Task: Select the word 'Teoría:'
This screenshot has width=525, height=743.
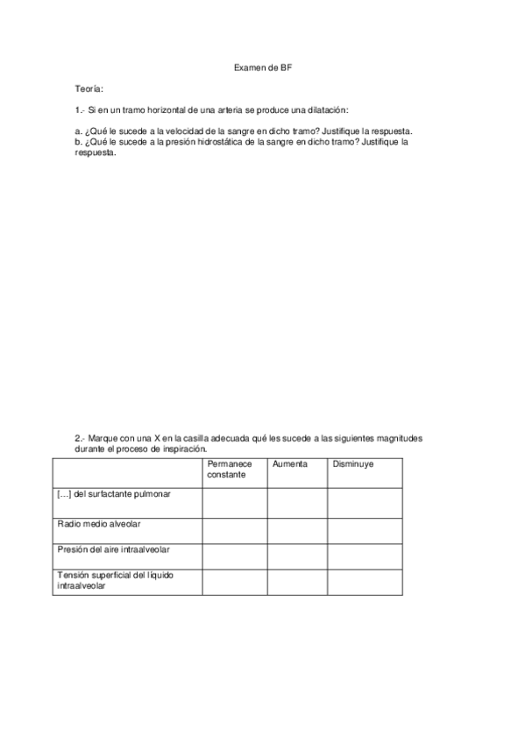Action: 90,89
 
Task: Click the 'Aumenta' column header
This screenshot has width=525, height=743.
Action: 290,463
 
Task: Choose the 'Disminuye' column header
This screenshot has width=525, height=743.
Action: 352,463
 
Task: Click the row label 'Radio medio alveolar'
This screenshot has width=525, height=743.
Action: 99,523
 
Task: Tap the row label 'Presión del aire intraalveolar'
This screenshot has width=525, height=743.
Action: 114,549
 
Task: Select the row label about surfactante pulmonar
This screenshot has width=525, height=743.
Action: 114,494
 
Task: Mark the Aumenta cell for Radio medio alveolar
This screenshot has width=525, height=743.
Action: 297,530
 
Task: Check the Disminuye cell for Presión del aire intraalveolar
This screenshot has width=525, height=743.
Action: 365,556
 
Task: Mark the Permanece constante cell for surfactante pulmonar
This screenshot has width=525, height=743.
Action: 234,502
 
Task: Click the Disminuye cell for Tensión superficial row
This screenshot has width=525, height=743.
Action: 365,583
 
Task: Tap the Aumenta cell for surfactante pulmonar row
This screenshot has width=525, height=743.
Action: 297,502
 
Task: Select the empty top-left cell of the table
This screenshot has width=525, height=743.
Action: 128,471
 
